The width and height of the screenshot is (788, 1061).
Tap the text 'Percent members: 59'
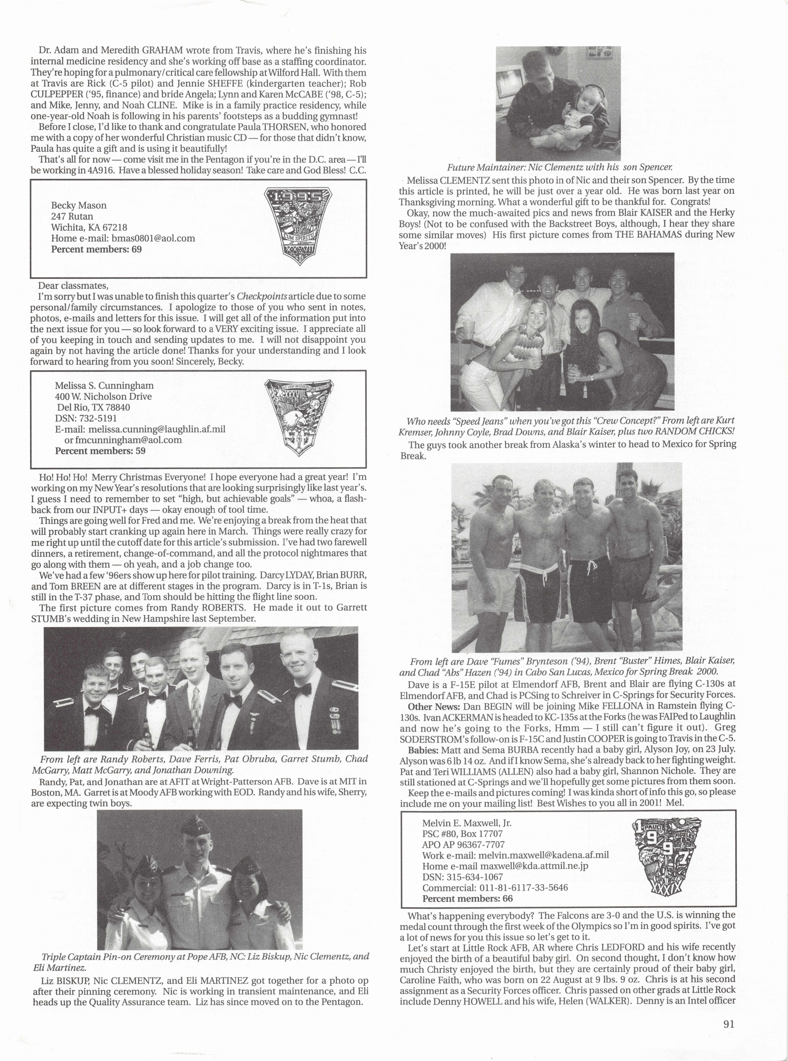pos(100,451)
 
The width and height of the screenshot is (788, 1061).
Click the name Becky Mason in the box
pos(79,206)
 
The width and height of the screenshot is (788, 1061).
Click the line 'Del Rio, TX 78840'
pos(93,407)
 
